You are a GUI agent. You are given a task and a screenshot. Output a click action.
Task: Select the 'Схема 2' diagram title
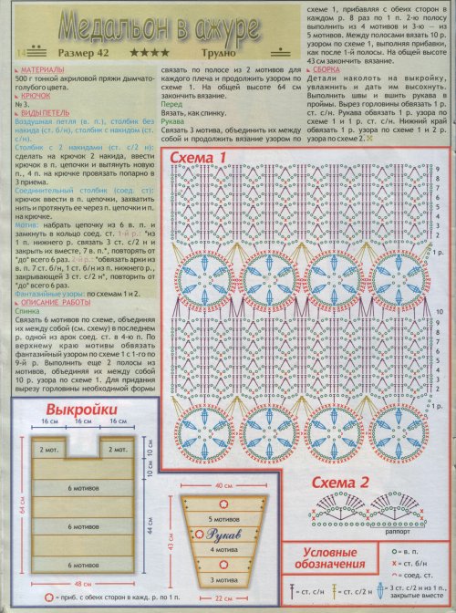(339, 483)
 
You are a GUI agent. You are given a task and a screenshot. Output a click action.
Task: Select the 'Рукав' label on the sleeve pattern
(223, 535)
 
